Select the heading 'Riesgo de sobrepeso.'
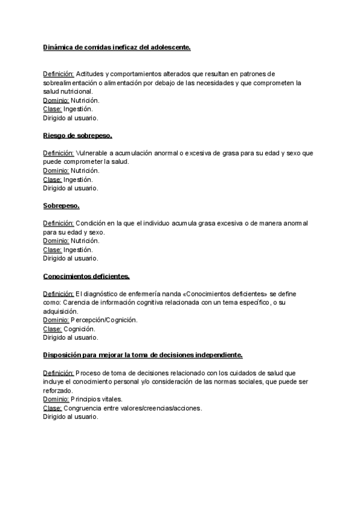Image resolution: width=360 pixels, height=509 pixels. [x=77, y=136]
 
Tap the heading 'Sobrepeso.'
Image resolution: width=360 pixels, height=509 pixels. [x=62, y=206]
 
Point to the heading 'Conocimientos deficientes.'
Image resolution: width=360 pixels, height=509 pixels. [x=86, y=276]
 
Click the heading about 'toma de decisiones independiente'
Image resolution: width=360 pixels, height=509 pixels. [x=143, y=355]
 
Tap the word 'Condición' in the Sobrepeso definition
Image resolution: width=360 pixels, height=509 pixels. [x=92, y=223]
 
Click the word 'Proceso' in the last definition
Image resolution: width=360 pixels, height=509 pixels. [x=89, y=373]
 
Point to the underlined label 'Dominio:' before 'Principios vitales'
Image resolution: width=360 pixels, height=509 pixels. [x=56, y=399]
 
